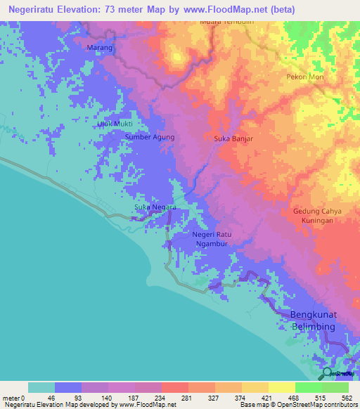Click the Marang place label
(99, 47)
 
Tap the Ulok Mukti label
(115, 124)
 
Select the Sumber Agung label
(150, 137)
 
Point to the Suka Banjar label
(233, 138)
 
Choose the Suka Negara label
(155, 207)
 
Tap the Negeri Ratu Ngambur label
(212, 239)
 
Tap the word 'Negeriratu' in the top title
(33, 9)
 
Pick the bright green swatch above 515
(308, 387)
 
